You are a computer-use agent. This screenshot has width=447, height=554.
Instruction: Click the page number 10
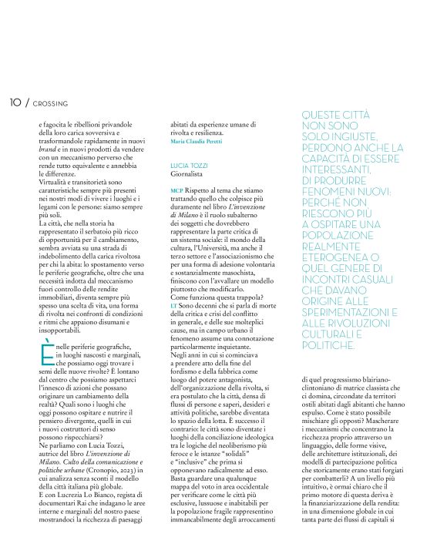15,102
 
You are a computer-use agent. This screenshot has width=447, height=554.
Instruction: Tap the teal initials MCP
176,190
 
